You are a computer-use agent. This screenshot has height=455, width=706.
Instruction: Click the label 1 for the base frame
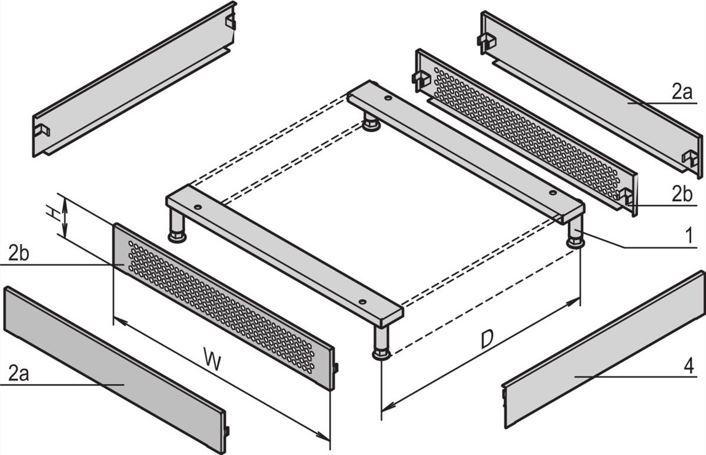(x=688, y=237)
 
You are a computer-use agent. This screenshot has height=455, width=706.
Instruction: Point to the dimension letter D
(x=487, y=340)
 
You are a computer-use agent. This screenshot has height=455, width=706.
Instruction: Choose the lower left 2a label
(x=18, y=373)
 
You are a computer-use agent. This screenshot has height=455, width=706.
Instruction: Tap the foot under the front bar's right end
(x=381, y=343)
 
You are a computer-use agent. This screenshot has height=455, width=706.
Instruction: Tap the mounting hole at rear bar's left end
(x=388, y=98)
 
